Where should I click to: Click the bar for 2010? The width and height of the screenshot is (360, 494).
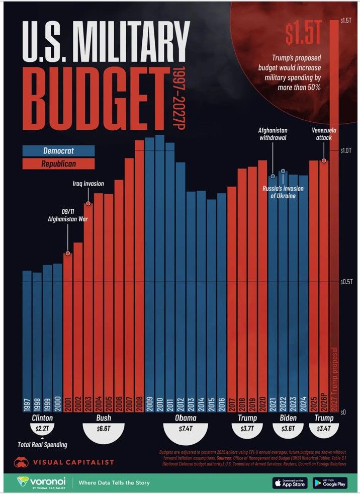click(x=159, y=272)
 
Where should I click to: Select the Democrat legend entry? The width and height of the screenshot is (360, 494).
click(x=58, y=151)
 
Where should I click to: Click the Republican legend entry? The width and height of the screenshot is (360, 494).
click(x=58, y=164)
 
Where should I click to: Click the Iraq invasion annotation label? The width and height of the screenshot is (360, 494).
click(x=87, y=184)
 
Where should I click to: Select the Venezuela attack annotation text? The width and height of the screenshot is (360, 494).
click(x=324, y=134)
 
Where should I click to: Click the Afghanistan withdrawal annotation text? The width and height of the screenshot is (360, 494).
click(x=273, y=134)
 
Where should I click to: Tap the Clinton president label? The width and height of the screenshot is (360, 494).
click(x=42, y=419)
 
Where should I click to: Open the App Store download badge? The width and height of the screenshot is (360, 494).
click(x=290, y=483)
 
